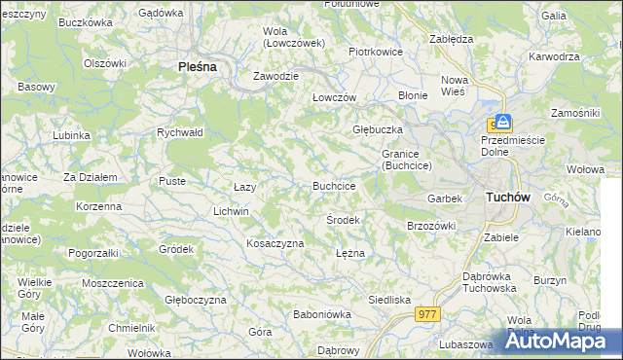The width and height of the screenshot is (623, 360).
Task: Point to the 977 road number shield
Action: (427, 314)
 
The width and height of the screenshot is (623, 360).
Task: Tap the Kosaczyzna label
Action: (275, 243)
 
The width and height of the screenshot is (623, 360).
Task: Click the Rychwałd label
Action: (179, 133)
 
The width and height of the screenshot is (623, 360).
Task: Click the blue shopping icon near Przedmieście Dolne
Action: (497, 123)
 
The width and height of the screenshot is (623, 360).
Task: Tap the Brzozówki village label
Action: (431, 226)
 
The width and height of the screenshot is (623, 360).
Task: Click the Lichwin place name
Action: (231, 211)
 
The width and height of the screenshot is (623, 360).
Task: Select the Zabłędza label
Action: (451, 39)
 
